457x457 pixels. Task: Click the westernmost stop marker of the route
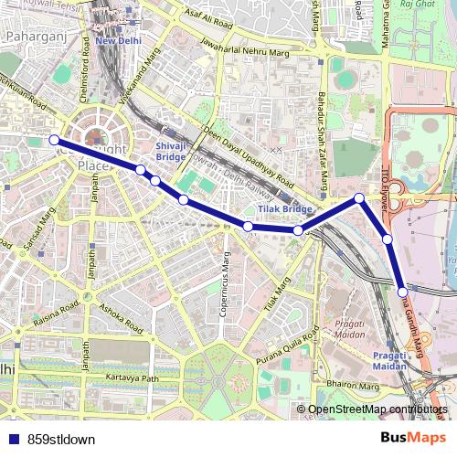[54, 140]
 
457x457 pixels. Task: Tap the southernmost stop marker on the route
[403, 292]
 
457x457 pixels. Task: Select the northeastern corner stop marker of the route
[360, 198]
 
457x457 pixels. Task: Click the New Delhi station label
[119, 41]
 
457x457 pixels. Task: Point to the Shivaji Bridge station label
[171, 151]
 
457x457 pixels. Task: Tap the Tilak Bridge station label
[272, 209]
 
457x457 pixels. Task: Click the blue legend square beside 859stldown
[9, 439]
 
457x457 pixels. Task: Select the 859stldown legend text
[61, 439]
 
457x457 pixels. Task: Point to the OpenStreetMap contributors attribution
[377, 409]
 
